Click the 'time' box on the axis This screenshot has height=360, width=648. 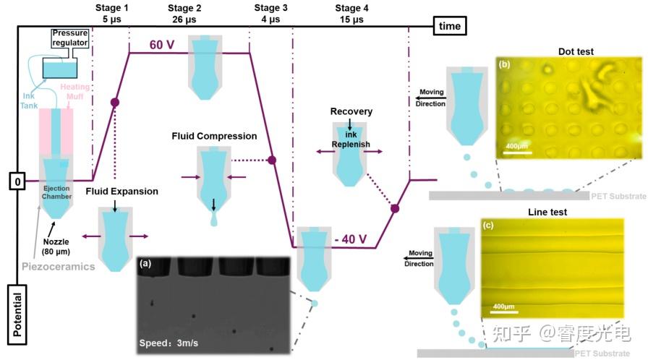click(x=450, y=26)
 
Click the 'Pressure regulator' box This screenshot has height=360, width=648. click(x=70, y=38)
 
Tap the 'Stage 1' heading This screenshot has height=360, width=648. click(x=111, y=7)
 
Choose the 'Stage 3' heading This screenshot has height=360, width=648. click(x=271, y=7)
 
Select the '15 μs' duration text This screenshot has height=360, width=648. click(x=351, y=20)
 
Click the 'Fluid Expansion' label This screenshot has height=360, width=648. click(x=121, y=191)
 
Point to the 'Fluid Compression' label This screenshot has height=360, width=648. click(x=214, y=136)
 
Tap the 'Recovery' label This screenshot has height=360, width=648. click(x=351, y=111)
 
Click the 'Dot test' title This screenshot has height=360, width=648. click(x=575, y=51)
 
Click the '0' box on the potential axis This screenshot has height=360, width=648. click(x=17, y=180)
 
